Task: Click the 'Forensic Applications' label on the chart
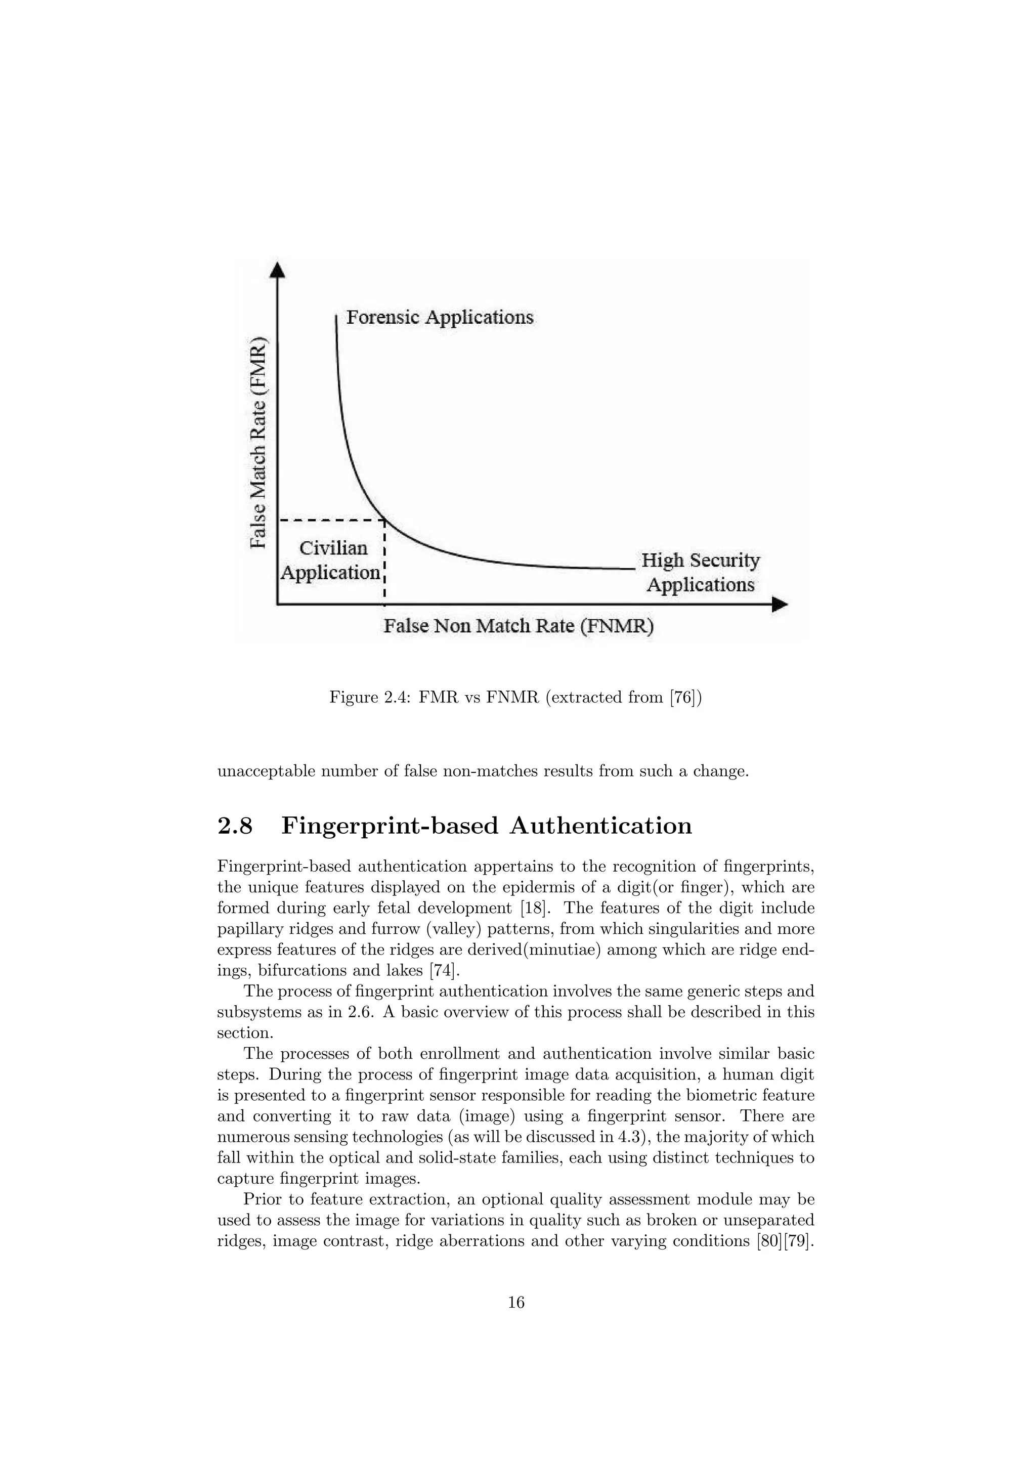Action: pyautogui.click(x=440, y=317)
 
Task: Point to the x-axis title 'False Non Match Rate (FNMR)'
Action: pyautogui.click(x=518, y=626)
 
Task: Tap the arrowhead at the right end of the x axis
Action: pyautogui.click(x=780, y=604)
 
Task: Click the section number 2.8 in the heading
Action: pyautogui.click(x=235, y=826)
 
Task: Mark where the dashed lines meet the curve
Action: pyautogui.click(x=384, y=521)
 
